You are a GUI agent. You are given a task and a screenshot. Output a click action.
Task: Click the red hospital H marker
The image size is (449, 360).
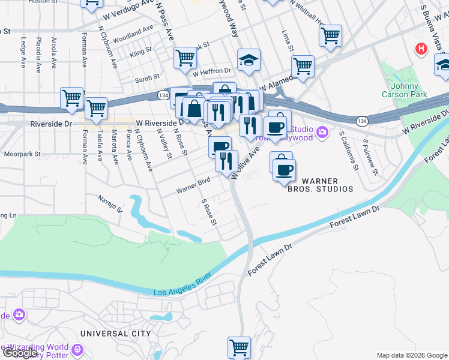click(x=421, y=48)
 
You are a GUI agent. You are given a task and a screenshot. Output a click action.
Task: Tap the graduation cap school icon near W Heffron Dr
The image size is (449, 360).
click(x=249, y=60)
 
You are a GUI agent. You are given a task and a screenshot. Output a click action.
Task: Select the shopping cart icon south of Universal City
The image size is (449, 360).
click(x=239, y=347)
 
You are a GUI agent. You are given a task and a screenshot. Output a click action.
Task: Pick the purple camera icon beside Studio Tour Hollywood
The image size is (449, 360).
click(x=323, y=131)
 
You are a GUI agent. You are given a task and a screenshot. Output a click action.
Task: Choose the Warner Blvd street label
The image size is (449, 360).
click(x=193, y=185)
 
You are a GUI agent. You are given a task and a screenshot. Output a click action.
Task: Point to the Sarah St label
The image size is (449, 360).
click(x=147, y=77)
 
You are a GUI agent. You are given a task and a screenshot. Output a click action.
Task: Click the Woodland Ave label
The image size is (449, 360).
click(x=133, y=31)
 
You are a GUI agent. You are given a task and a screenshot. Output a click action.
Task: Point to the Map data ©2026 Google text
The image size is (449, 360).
click(x=411, y=355)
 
